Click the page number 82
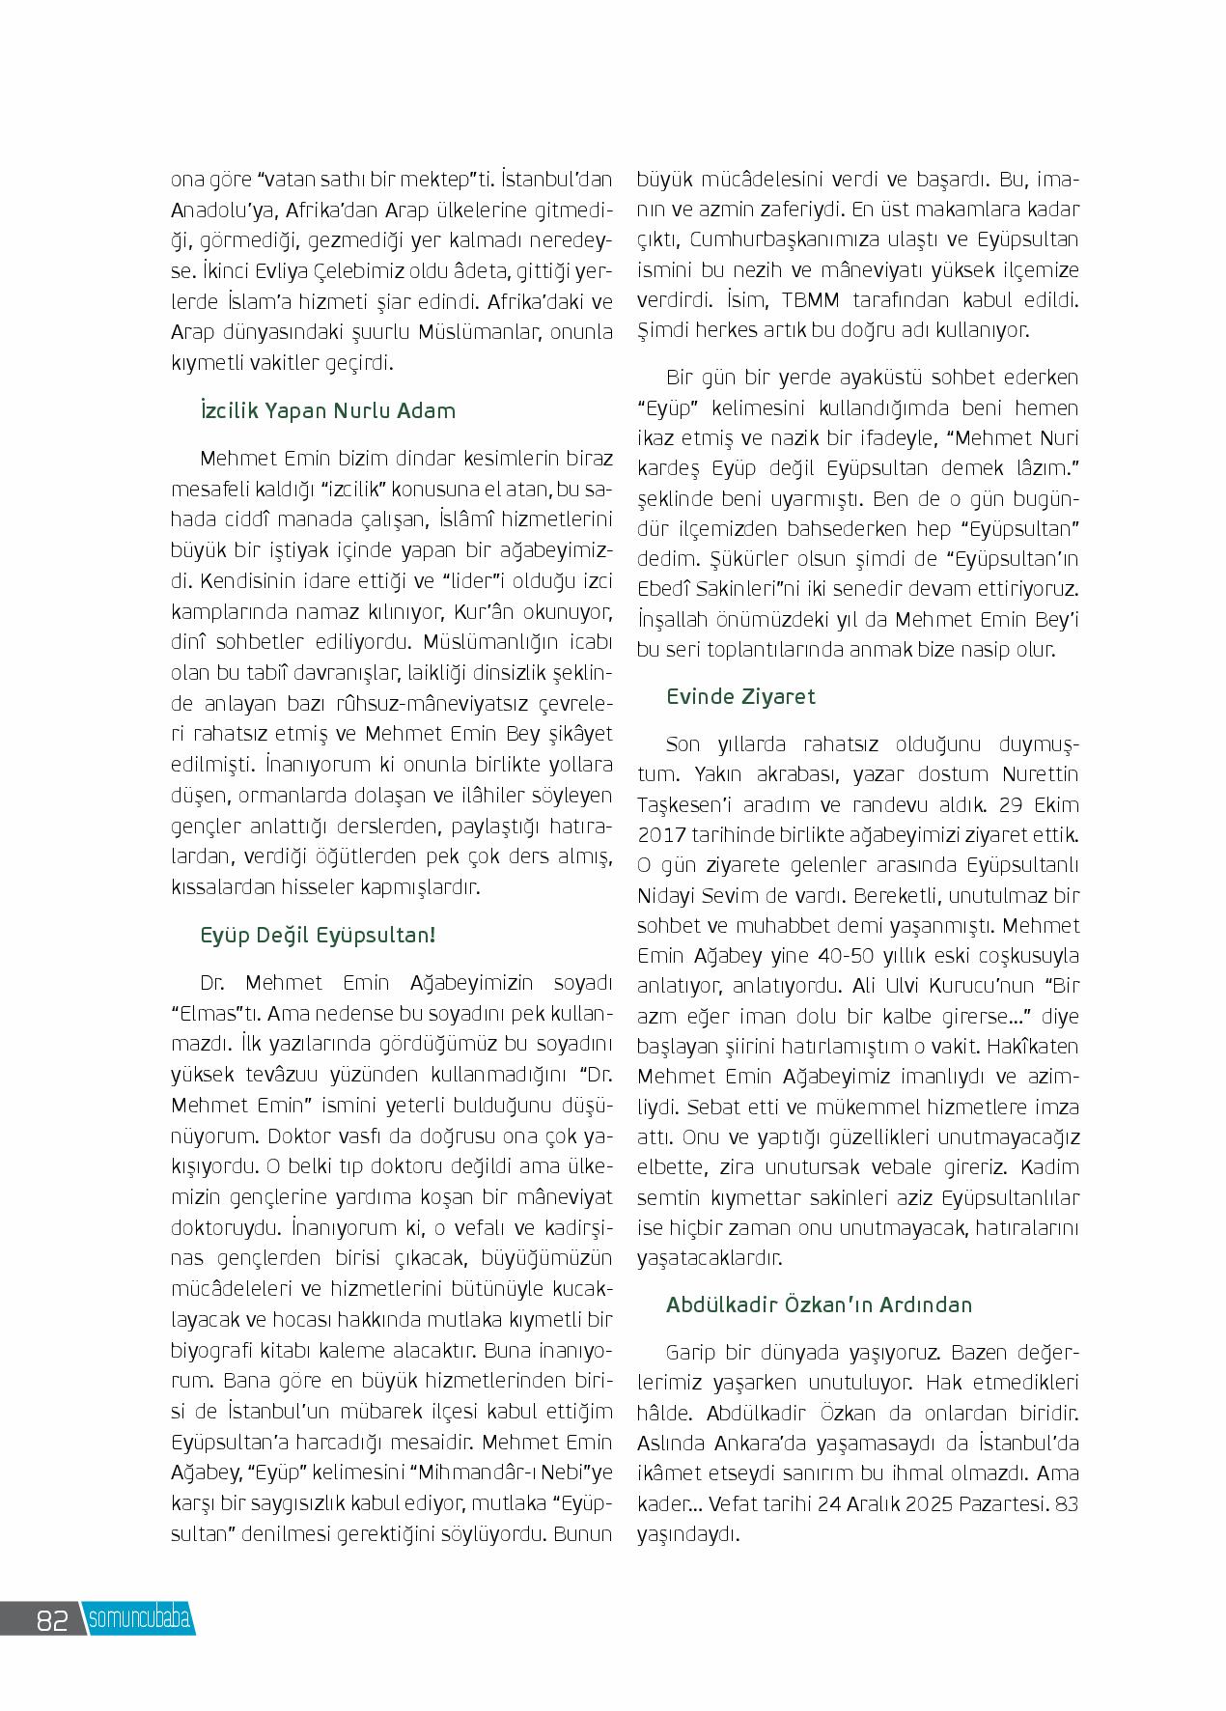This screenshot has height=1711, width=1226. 51,1619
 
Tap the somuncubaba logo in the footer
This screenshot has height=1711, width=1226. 139,1619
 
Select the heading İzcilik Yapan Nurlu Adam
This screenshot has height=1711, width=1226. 327,410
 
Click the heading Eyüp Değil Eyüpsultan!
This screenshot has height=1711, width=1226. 318,935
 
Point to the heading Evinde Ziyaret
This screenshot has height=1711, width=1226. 740,696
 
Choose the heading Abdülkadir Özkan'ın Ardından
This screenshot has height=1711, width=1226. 819,1304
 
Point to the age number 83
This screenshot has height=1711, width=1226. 1067,1503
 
